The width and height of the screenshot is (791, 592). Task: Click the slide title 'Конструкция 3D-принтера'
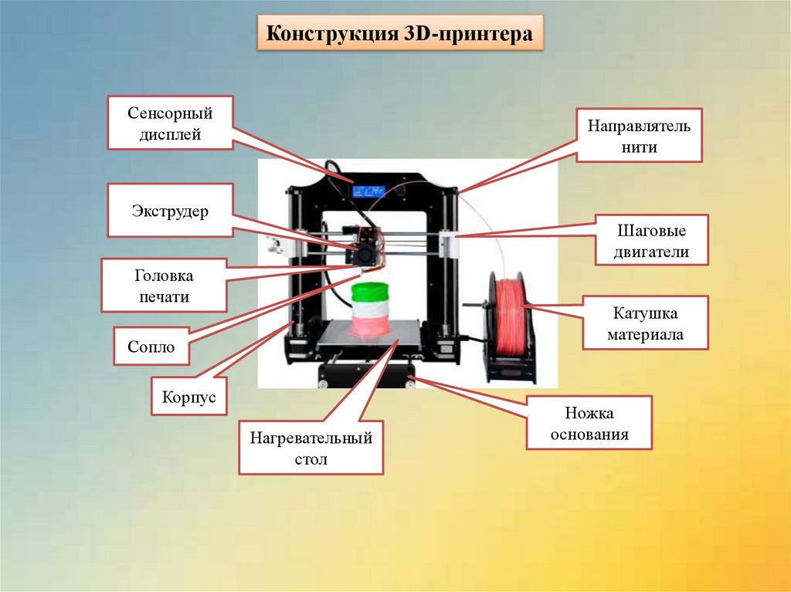399,36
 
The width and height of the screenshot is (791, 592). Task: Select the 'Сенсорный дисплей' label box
170,123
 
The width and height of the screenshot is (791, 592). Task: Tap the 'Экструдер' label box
170,211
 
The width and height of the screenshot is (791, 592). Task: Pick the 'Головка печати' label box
164,286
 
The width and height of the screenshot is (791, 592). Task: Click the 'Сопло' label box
151,347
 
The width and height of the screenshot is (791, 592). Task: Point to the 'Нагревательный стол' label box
311,448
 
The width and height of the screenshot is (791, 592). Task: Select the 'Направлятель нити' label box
639,135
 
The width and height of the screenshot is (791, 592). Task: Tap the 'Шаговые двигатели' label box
651,241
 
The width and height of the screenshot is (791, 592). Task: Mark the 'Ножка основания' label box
589,424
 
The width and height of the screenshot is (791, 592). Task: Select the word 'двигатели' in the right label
651,252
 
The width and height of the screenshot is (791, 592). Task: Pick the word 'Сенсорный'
170,113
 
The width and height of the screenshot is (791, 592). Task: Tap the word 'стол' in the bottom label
311,459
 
